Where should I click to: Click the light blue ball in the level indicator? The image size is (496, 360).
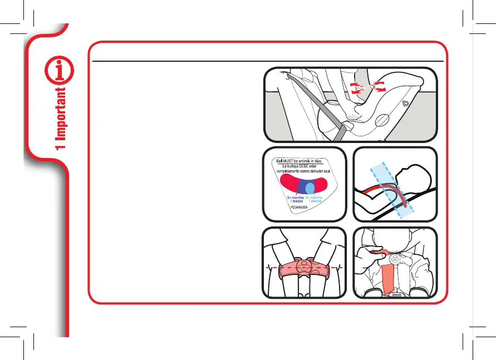(x=310, y=188)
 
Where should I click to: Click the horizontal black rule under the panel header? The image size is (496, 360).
(x=267, y=61)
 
